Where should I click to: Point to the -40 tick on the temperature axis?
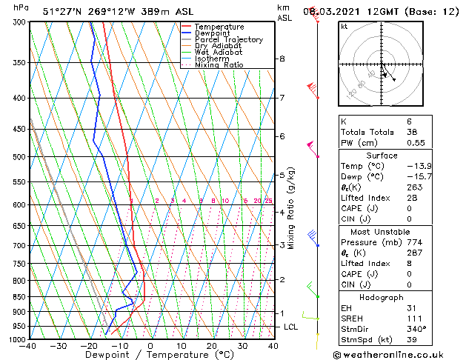point(29,346)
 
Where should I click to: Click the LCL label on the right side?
point(290,327)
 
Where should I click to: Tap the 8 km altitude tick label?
point(282,59)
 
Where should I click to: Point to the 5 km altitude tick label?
point(282,176)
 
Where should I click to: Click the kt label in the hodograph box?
point(344,27)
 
